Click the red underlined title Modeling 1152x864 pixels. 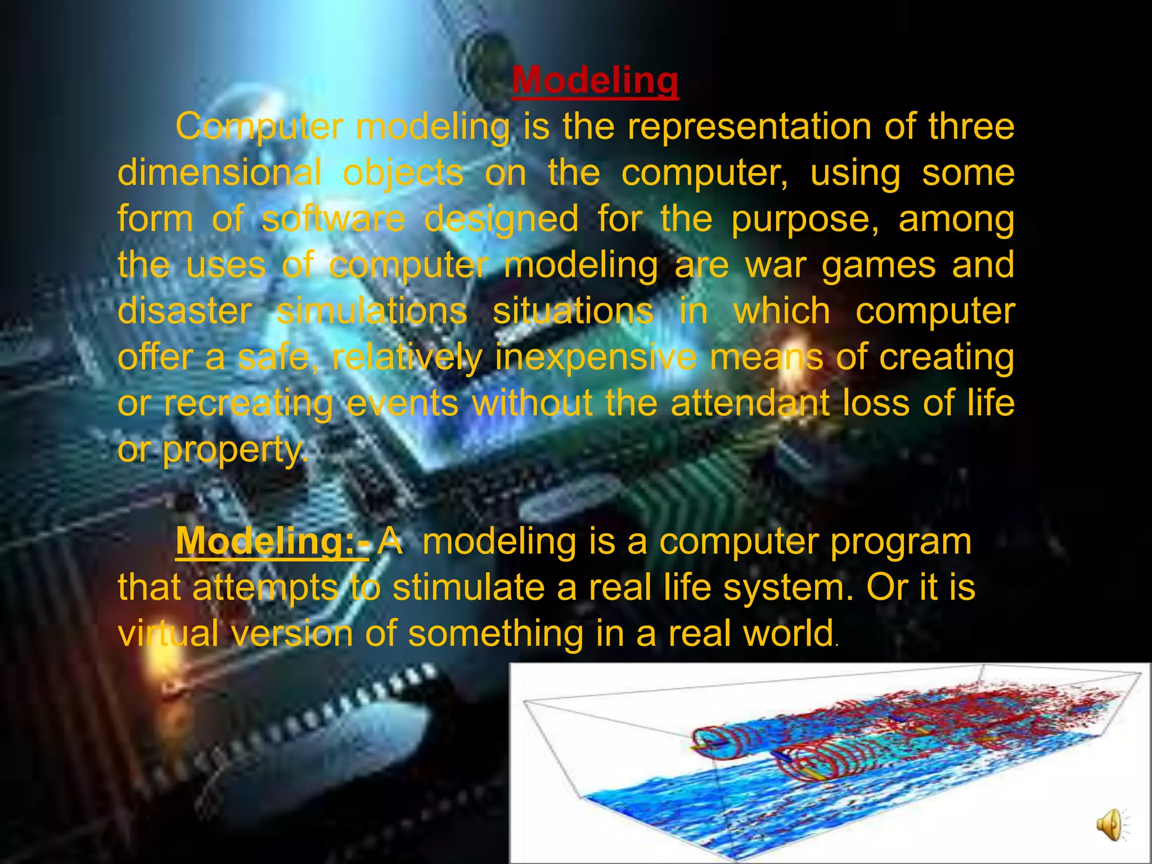click(x=595, y=80)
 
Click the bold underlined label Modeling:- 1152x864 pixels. click(x=272, y=541)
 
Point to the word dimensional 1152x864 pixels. click(x=219, y=173)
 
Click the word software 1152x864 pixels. click(x=333, y=219)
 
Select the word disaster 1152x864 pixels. click(x=184, y=311)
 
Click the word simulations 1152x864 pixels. click(x=371, y=311)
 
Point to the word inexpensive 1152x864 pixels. click(x=595, y=358)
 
